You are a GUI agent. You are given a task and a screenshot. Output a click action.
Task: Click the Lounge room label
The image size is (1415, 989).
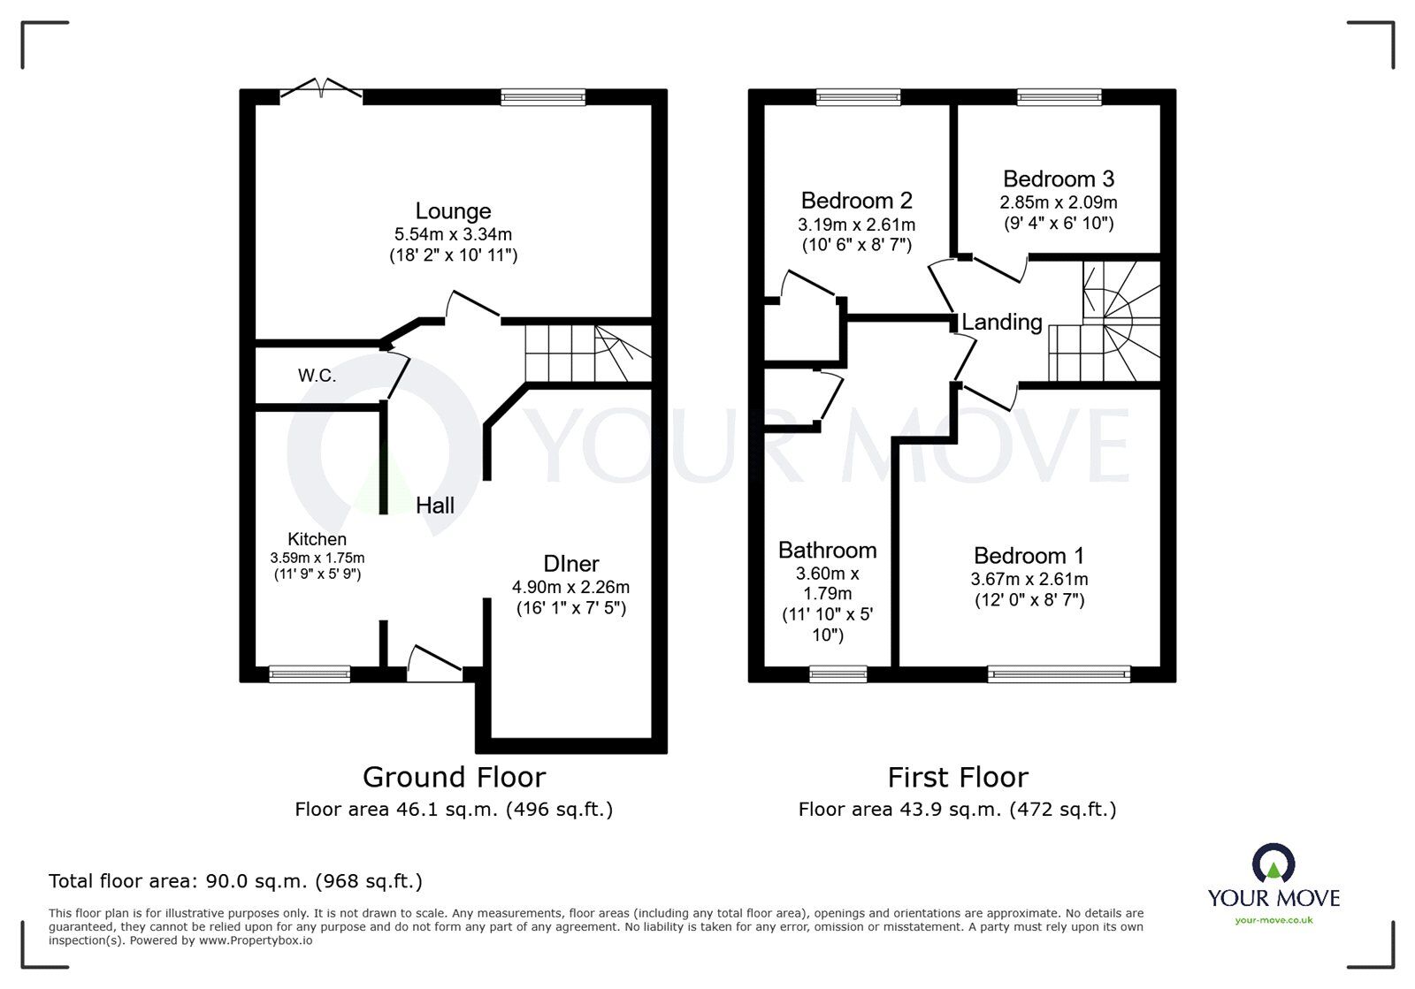[x=453, y=211]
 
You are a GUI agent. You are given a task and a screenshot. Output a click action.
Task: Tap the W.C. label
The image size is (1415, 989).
[x=317, y=376]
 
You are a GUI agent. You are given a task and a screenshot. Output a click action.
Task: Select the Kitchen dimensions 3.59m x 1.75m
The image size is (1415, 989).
[x=317, y=558]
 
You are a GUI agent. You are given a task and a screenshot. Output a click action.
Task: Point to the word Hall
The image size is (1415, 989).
[x=435, y=505]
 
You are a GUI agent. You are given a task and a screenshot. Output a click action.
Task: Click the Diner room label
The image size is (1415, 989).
[x=571, y=564]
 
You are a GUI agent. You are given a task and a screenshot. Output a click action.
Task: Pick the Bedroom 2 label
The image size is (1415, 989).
[x=857, y=201]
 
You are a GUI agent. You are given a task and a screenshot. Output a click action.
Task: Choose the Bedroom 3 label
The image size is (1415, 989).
[x=1059, y=179]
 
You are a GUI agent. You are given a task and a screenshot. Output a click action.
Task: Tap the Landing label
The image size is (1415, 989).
[x=1002, y=323]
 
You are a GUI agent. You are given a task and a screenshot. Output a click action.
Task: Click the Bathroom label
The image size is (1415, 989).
[x=828, y=551]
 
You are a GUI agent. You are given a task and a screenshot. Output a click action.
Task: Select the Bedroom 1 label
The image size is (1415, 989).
[x=1029, y=556]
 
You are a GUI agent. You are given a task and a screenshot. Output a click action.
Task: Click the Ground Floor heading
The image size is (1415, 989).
[x=455, y=778]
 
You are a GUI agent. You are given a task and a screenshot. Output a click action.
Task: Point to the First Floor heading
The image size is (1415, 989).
[x=958, y=778]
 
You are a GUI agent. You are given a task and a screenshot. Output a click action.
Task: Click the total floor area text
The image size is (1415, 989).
[x=235, y=881]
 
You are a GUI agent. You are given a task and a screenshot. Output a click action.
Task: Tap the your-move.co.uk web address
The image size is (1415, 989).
[x=1273, y=920]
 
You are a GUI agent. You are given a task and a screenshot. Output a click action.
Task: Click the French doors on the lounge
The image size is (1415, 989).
[x=321, y=89]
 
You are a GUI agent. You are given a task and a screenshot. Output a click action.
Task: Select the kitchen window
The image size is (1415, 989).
[x=310, y=674]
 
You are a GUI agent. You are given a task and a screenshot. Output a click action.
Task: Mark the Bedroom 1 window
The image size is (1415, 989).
[x=1059, y=674]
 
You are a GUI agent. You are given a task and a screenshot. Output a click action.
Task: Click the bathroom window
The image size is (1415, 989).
[x=838, y=674]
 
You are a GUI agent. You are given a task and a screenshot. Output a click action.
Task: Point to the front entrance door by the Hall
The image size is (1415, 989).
[x=434, y=664]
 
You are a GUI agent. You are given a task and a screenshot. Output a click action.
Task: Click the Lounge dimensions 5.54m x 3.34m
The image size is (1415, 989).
[x=453, y=234]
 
